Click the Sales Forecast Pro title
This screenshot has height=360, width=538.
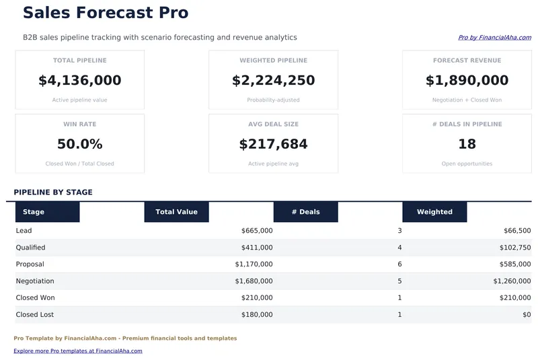coord(106,13)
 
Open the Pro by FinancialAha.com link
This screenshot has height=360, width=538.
coord(494,38)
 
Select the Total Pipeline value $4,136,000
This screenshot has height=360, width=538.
coord(80,81)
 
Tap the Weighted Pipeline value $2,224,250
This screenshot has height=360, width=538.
coord(273,81)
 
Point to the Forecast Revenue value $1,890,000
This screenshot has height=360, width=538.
coord(467,81)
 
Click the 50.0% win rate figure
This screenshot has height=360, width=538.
coord(80,144)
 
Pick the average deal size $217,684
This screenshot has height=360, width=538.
coord(273,144)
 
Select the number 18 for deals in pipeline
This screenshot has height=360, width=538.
coord(467,144)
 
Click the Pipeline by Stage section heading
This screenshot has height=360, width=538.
coord(53,192)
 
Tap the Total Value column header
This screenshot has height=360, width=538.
coord(176,212)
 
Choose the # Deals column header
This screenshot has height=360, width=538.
coord(305,212)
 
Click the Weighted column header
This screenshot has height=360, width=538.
coord(434,212)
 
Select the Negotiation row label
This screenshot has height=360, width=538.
coord(35,281)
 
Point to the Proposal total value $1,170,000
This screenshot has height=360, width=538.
coord(254,264)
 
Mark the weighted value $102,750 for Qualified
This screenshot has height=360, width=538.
coord(514,248)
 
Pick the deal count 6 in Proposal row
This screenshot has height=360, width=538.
coord(399,264)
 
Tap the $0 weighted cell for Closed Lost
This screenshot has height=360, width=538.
coord(526,315)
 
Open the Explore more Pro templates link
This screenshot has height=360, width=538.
coord(78,351)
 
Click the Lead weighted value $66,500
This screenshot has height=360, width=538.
coord(516,231)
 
